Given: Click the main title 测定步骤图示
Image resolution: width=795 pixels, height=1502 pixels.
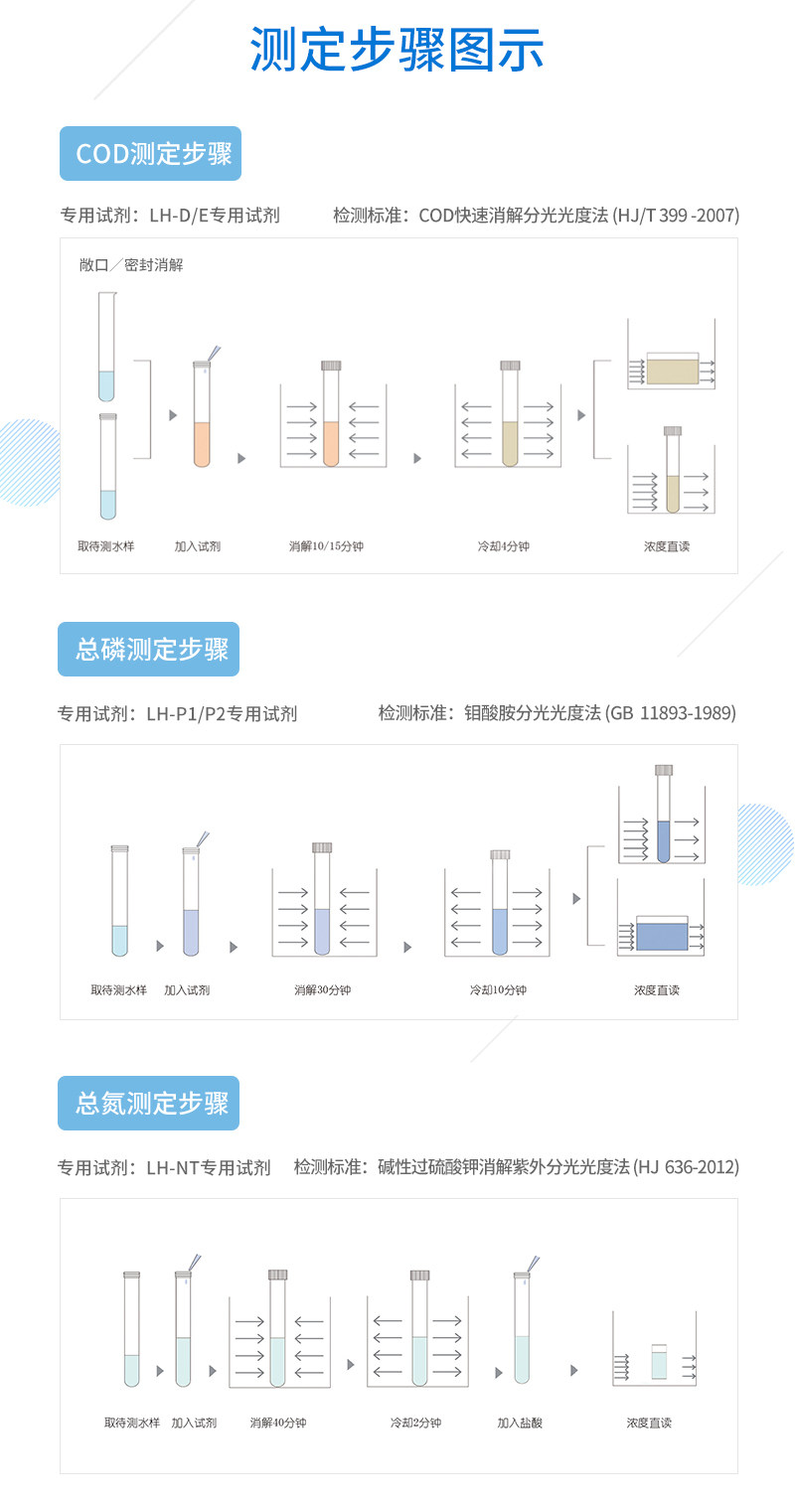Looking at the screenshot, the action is (x=397, y=50).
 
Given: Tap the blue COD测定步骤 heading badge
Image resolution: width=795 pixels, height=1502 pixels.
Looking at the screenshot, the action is (x=150, y=154).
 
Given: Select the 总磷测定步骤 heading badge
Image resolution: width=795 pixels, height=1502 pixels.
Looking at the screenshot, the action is (x=149, y=650).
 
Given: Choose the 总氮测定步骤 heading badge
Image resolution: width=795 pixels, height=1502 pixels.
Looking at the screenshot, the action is (x=149, y=1103).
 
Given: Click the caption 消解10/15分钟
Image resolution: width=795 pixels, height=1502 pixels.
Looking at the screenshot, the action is (x=326, y=547).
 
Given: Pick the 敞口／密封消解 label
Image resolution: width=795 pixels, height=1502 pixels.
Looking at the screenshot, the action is (x=131, y=265).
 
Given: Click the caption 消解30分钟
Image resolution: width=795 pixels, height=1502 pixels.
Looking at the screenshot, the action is (x=322, y=990).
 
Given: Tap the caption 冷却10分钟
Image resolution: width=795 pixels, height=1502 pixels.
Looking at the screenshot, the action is (x=498, y=990).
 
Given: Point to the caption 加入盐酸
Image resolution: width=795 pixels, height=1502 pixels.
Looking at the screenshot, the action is (x=520, y=1424).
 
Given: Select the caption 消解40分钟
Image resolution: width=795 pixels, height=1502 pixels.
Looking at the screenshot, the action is (x=278, y=1424).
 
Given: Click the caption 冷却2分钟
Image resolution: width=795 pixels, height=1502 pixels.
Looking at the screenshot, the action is (x=415, y=1424).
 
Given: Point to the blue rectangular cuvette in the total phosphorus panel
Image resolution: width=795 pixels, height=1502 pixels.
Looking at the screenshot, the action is (x=661, y=936).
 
